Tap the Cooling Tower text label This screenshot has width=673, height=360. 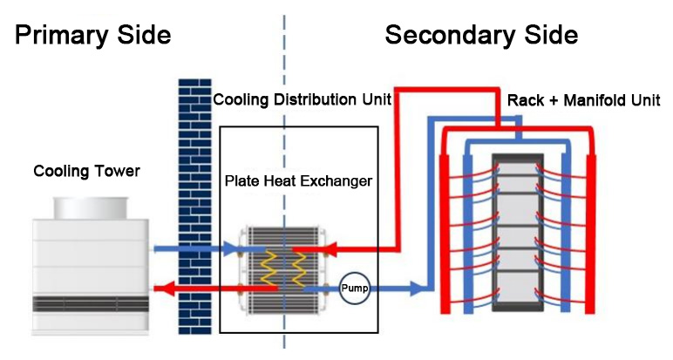click(x=86, y=170)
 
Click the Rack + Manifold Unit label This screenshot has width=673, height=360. click(x=583, y=100)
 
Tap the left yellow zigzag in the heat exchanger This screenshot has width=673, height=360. click(x=271, y=266)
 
